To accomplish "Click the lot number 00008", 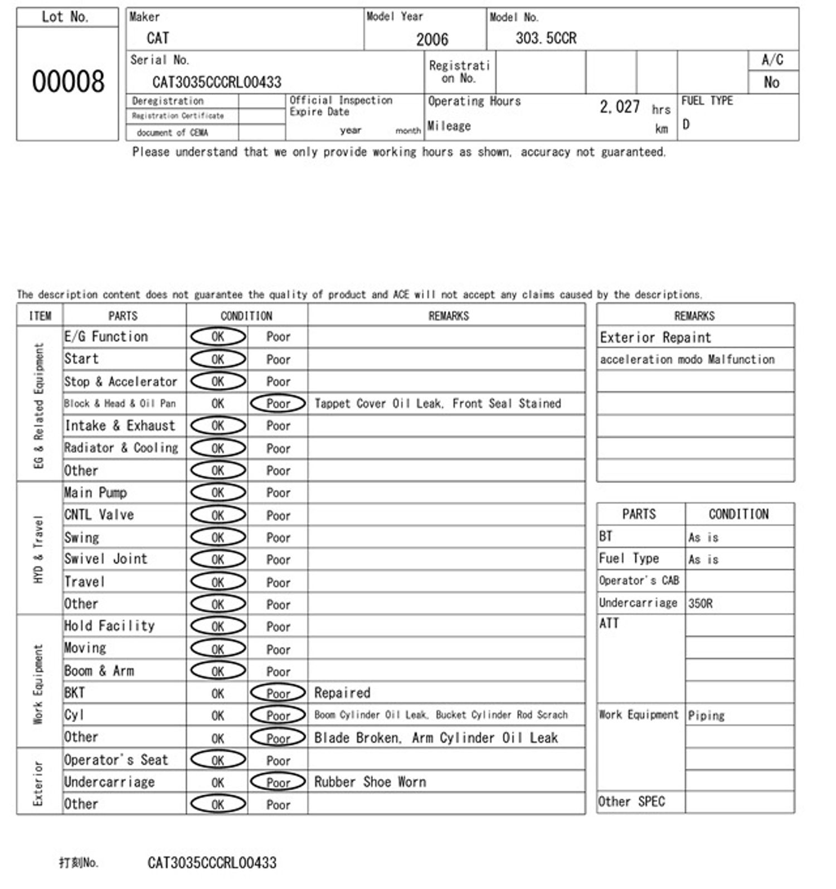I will [x=68, y=81].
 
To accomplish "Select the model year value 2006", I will [x=432, y=40].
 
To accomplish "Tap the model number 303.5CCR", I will [x=546, y=38].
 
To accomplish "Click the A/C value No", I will [x=771, y=83].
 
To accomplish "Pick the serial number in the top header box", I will [x=217, y=83].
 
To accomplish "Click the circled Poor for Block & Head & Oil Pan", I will [x=278, y=404].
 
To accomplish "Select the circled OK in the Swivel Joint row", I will [x=217, y=559].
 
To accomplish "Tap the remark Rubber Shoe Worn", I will [x=370, y=782].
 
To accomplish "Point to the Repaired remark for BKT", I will [x=342, y=693].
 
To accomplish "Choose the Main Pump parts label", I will [x=96, y=493].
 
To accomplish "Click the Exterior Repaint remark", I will [x=655, y=337].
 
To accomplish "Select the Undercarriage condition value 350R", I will [x=700, y=603].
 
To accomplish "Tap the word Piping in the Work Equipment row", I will [x=706, y=716].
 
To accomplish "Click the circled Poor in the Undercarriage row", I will [x=278, y=782].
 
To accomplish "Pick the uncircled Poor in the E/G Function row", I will [x=278, y=337].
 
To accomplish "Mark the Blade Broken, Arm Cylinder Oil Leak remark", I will [x=436, y=738].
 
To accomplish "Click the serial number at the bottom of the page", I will [x=212, y=863].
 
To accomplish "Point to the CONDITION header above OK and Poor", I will [x=246, y=316].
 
